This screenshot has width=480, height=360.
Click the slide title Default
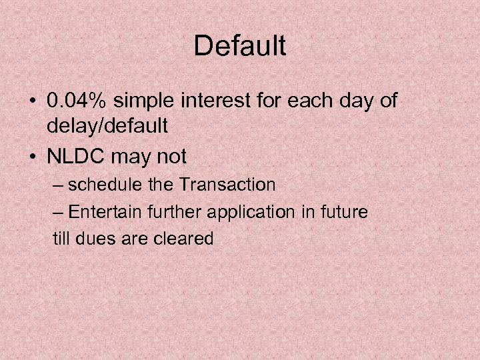[x=240, y=46]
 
